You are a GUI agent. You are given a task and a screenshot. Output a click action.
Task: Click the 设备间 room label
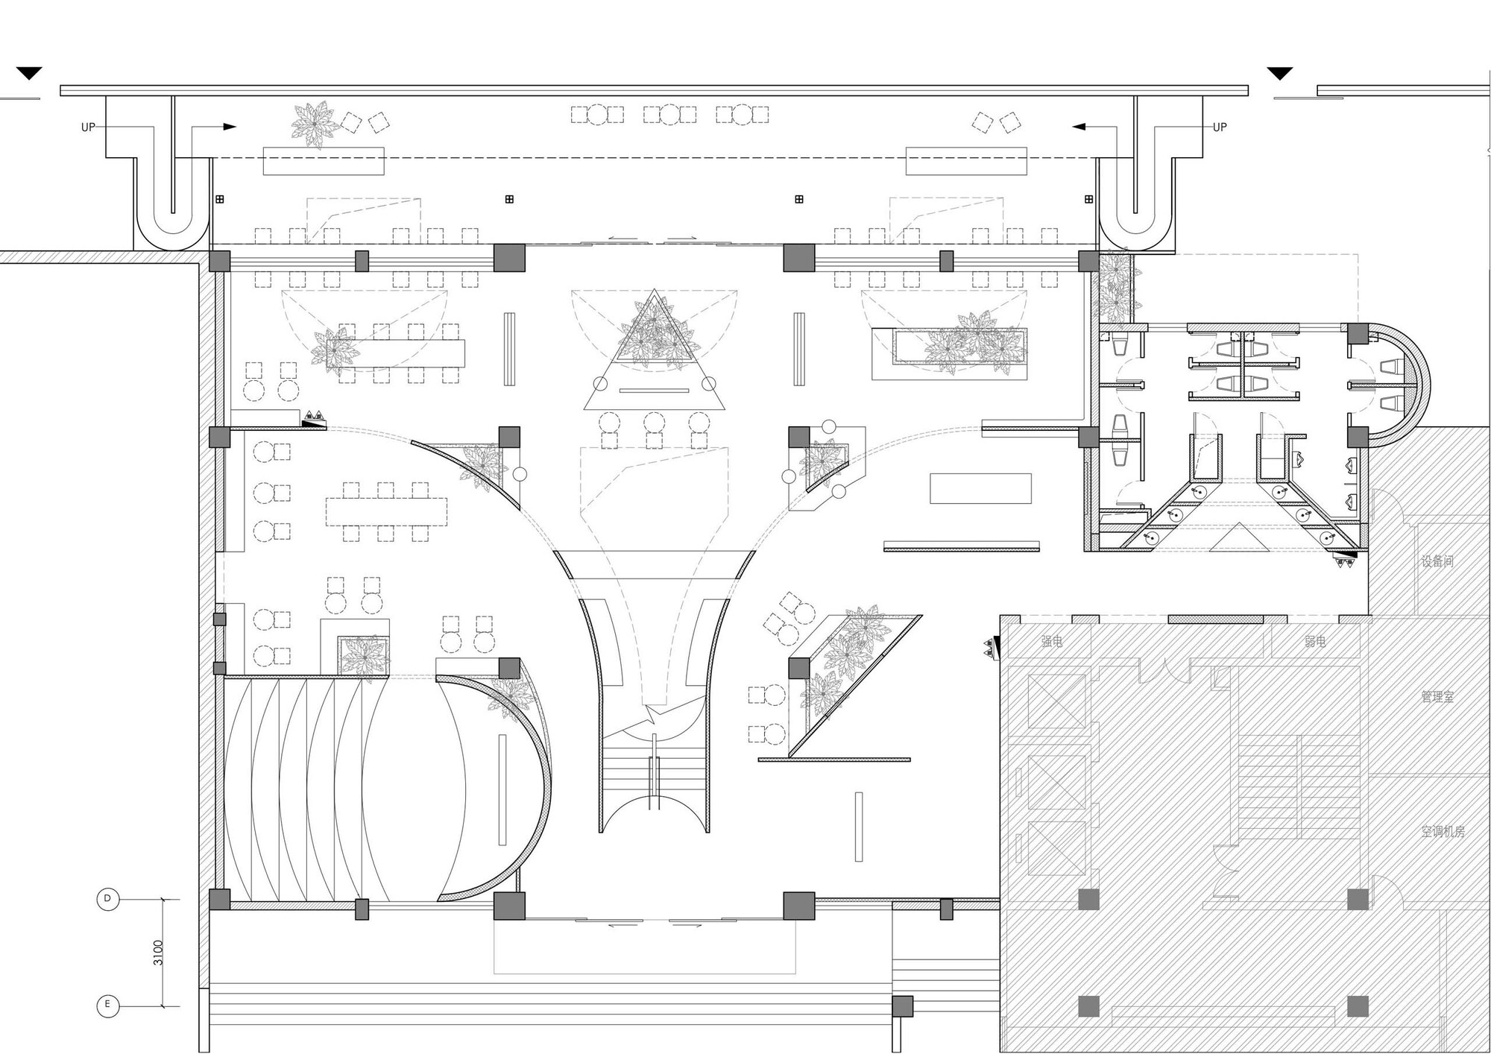pos(1437,561)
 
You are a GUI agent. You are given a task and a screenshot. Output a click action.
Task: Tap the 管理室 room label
pos(1437,697)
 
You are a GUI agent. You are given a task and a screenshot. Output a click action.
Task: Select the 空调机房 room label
pos(1443,831)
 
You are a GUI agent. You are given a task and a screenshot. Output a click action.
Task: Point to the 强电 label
pos(1052,641)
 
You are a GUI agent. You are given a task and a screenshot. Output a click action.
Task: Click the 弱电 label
pos(1315,641)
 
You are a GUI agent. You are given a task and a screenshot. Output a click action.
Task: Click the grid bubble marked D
pos(107,899)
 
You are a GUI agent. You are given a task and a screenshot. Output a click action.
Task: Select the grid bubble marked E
pos(107,1005)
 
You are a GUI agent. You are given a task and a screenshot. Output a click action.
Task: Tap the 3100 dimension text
pos(158,952)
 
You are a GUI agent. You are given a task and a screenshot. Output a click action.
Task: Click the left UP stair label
pos(88,127)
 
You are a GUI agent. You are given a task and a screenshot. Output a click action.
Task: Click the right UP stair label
pos(1220,127)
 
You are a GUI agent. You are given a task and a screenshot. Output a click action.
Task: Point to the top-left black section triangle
pos(30,73)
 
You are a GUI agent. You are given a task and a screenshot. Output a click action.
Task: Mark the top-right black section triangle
pos(1280,73)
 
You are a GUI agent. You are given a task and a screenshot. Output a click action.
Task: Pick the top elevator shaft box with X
pos(1056,701)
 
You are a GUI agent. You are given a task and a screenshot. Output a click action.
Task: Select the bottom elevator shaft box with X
pos(1056,848)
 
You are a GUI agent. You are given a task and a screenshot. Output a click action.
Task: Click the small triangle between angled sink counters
pos(1238,538)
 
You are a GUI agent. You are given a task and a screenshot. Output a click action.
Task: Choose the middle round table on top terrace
pos(670,114)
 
